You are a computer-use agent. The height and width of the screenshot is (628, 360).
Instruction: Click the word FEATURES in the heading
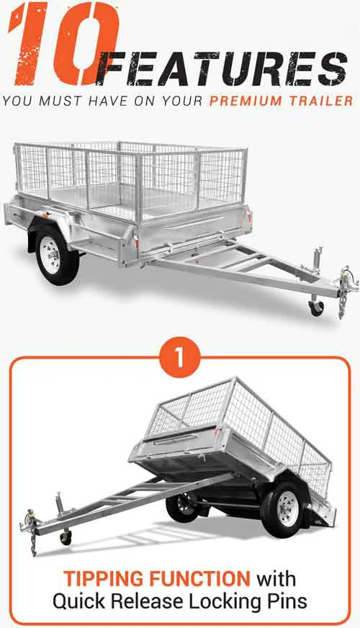coord(222,69)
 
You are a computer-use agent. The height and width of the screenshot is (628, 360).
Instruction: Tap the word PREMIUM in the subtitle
coord(245,101)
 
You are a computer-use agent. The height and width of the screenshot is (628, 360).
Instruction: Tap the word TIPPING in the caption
coord(104,579)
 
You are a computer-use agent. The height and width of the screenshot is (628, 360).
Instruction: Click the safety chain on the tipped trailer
coord(34,541)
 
